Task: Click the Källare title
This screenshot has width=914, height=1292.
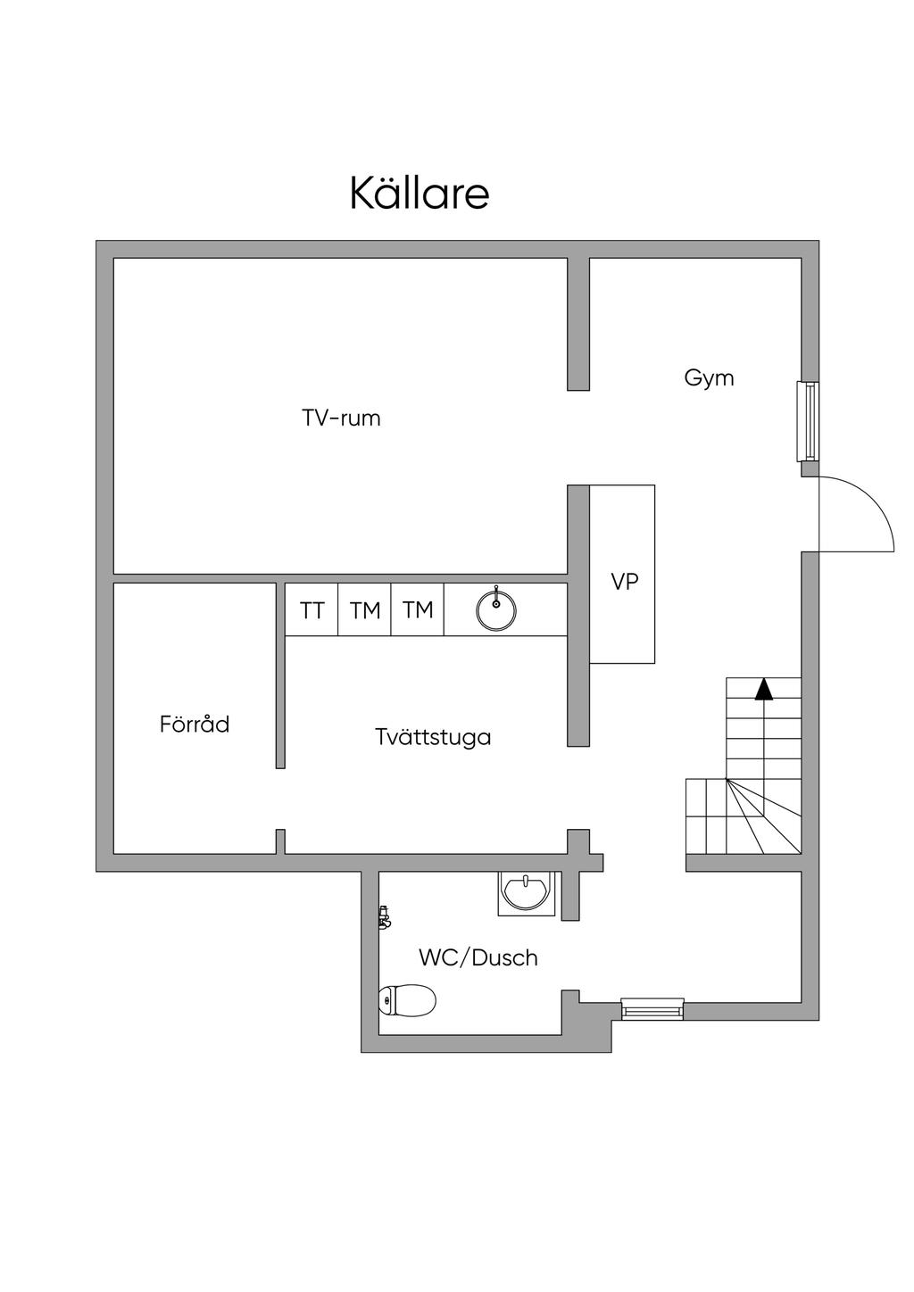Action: pos(420,194)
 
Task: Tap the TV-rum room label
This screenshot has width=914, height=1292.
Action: pos(341,418)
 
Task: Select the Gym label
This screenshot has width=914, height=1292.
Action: pos(709,378)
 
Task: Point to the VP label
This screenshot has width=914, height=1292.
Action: pos(625,582)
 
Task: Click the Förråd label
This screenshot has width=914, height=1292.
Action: pos(195,725)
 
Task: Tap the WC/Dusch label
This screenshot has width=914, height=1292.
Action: pos(478,958)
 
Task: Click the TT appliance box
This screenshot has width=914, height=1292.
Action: pos(312,610)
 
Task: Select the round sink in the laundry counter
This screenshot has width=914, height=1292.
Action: pos(496,610)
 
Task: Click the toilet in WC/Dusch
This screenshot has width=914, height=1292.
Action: pos(408,1000)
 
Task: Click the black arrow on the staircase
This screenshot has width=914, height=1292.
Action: pos(763,689)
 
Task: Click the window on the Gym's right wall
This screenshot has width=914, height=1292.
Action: pos(808,421)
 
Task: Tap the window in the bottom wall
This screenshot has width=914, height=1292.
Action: pos(652,1009)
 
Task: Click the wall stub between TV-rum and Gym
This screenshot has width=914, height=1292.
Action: pos(578,324)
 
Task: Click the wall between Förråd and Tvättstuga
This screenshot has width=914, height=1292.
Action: pos(280,675)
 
